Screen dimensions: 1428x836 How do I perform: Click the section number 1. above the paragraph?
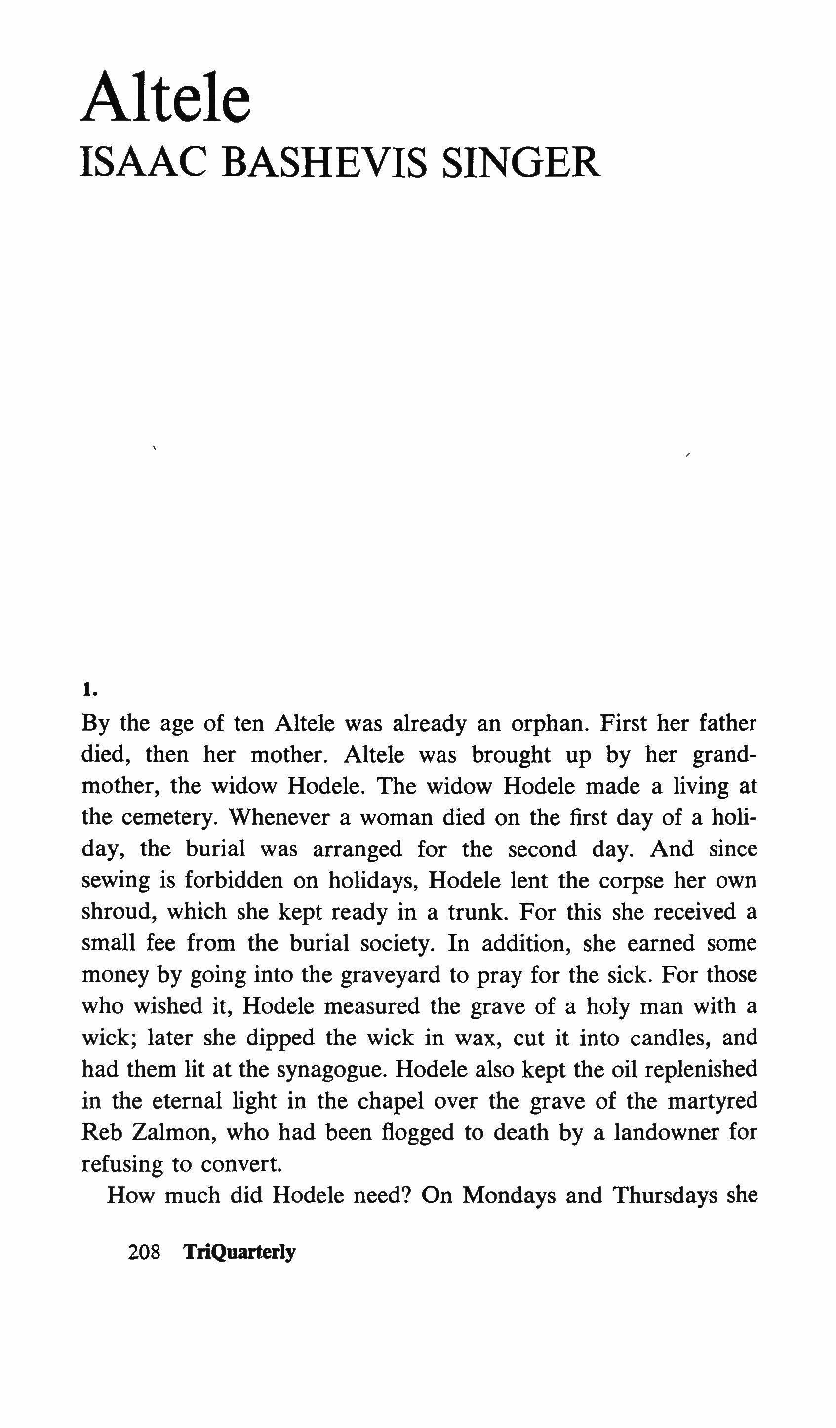[x=89, y=690]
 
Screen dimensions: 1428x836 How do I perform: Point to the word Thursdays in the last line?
[x=663, y=1195]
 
